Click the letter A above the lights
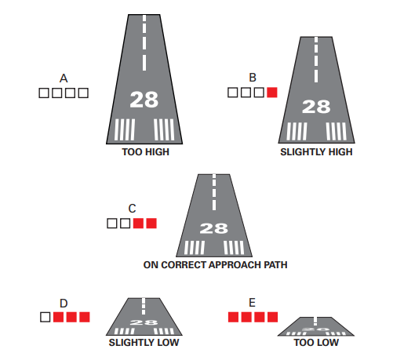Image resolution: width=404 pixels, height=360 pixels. [x=64, y=78]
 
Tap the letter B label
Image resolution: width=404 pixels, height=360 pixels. [x=252, y=78]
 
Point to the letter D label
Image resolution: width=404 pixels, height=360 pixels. [x=64, y=303]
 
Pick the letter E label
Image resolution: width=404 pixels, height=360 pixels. [x=252, y=303]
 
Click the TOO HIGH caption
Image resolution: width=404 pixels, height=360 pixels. [x=144, y=152]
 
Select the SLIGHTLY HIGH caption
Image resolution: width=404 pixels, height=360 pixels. [x=316, y=152]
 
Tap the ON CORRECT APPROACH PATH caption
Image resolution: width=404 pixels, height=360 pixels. [x=215, y=265]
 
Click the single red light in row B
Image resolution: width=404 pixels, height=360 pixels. [x=272, y=93]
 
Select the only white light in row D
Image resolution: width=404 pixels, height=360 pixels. [x=45, y=317]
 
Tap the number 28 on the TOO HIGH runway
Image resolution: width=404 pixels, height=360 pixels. [x=144, y=100]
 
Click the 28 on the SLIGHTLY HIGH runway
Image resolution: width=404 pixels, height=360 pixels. [x=316, y=107]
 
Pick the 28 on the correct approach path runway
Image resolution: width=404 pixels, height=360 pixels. [x=213, y=229]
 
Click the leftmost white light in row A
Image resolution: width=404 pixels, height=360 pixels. [x=45, y=93]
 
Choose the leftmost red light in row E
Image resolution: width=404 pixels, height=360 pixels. [x=233, y=317]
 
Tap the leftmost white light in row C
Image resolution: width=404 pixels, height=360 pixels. [x=112, y=224]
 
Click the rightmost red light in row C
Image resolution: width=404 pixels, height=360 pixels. [x=152, y=224]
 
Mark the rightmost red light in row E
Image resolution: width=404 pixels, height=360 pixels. [x=272, y=317]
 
